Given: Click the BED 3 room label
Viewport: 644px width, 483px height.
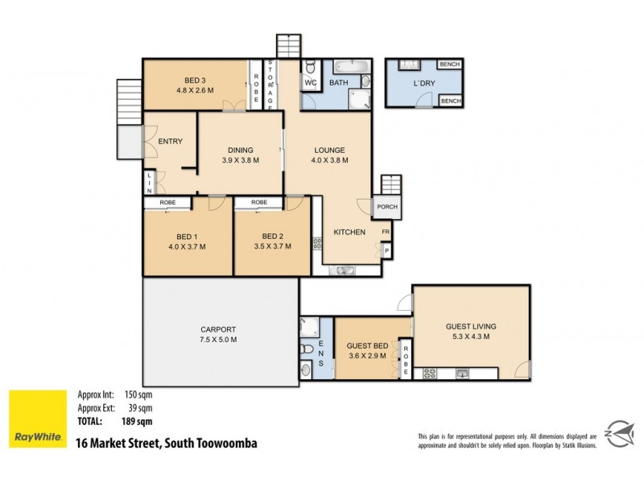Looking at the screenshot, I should tap(196, 80).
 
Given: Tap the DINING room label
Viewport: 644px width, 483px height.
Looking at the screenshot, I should tap(240, 150).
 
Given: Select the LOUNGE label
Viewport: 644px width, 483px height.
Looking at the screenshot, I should tap(329, 150).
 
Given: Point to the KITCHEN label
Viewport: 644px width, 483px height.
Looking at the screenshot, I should tap(349, 233).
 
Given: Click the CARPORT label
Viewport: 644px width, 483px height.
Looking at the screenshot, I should tap(217, 329).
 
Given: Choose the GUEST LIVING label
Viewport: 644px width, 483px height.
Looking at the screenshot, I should tap(471, 326).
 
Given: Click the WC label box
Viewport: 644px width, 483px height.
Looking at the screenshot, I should tap(311, 82).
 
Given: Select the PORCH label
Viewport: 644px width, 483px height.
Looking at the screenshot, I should tap(387, 206).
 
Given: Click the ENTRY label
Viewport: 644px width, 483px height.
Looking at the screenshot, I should tap(170, 142).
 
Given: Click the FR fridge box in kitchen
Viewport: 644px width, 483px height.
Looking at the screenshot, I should tap(386, 232).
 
